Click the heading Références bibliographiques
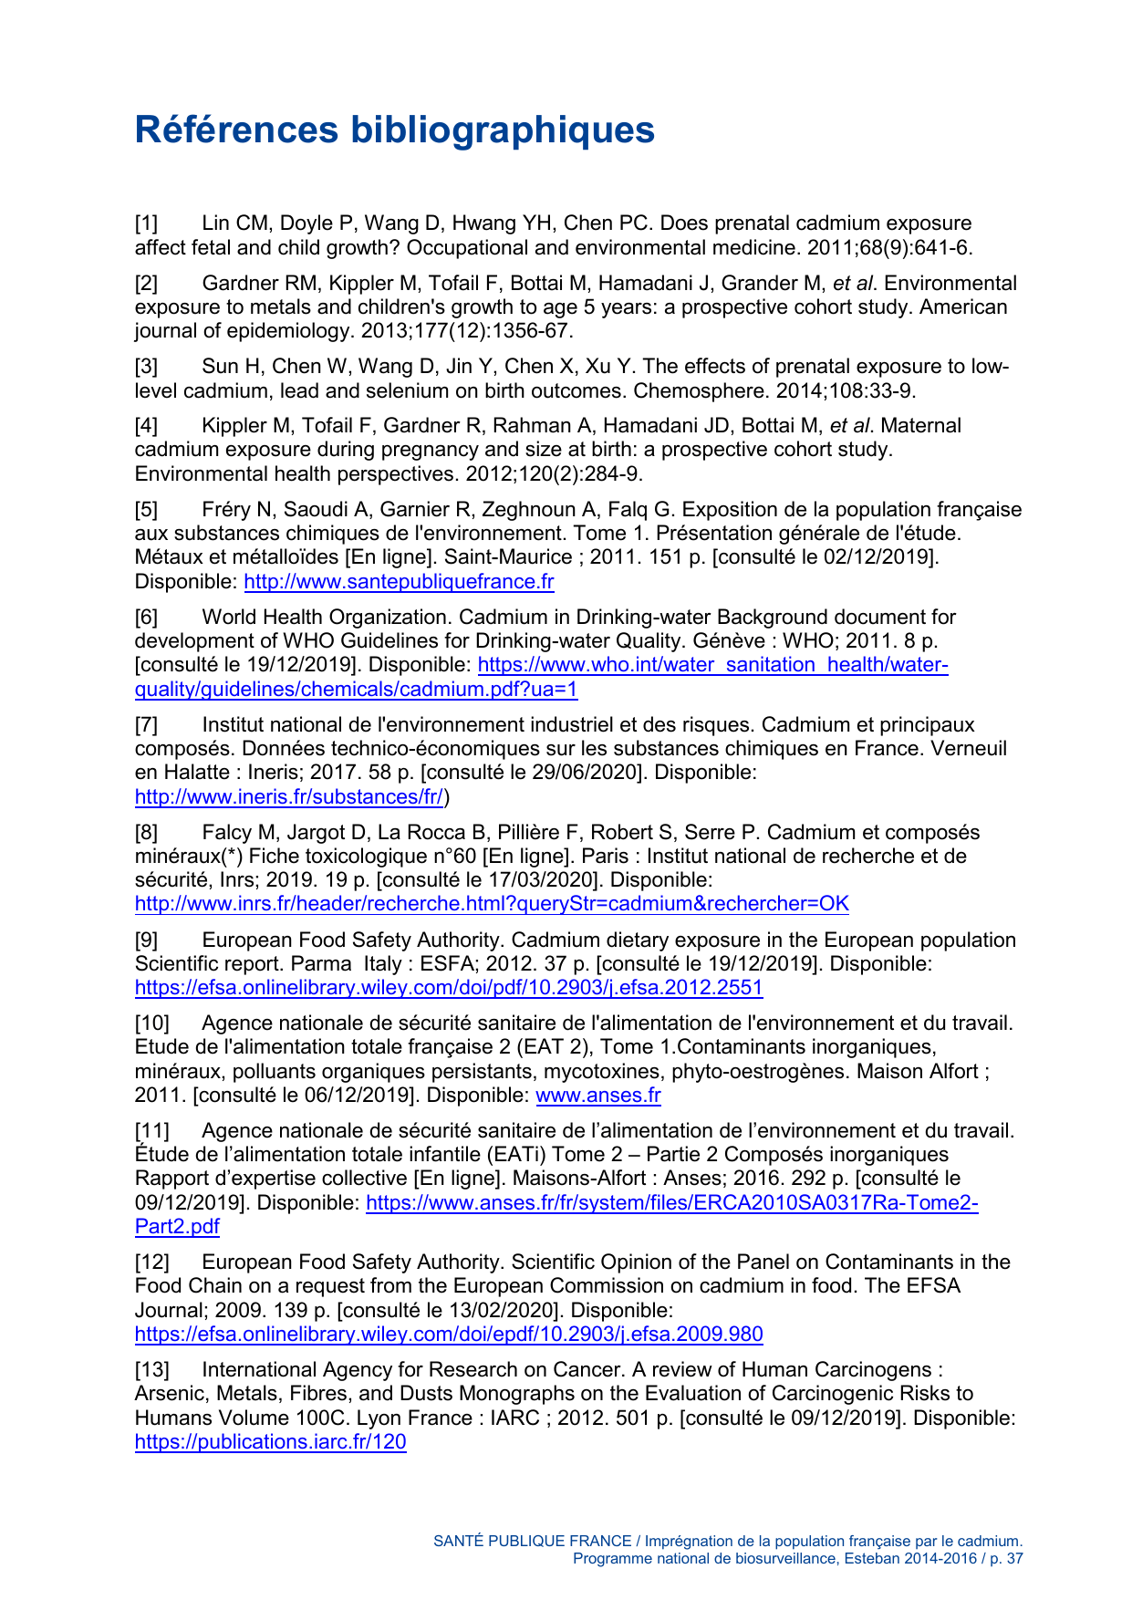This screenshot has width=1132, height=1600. pos(394,130)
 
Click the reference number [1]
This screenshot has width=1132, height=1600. pos(147,223)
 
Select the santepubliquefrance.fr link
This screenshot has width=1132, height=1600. pos(399,582)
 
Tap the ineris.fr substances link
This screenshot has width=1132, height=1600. pos(289,797)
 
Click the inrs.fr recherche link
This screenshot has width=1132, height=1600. pos(492,904)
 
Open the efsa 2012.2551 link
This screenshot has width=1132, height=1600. pos(449,988)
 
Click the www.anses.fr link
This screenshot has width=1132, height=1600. pos(597,1096)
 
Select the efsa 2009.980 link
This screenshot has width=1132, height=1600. pos(449,1335)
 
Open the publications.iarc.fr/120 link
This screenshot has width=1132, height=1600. pos(270,1442)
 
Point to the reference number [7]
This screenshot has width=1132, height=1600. pos(147,725)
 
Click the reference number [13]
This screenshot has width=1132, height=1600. pos(152,1370)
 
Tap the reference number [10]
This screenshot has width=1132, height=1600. pos(152,1023)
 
